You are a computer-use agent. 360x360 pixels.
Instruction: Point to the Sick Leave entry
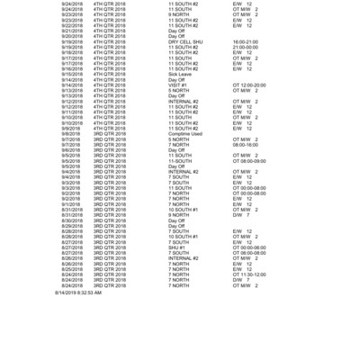click(180, 74)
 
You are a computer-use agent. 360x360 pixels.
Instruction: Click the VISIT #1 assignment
click(177, 85)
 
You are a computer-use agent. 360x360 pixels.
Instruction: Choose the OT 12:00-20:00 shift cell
click(248, 85)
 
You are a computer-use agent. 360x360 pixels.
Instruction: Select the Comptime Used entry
click(184, 134)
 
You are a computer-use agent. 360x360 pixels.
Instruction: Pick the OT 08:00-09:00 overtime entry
click(248, 161)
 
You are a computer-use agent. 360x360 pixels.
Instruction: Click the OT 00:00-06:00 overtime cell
click(248, 247)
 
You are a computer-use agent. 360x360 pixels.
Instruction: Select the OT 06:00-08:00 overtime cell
click(248, 253)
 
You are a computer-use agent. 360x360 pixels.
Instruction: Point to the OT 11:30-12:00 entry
click(248, 274)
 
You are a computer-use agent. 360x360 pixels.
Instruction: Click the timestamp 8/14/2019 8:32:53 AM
click(78, 292)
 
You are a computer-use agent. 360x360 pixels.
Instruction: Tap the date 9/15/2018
click(71, 74)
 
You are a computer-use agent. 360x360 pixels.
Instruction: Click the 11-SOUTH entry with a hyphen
click(179, 161)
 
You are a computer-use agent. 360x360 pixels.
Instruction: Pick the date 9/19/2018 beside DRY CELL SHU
click(71, 41)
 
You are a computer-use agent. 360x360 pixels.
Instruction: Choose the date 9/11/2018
click(71, 112)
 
